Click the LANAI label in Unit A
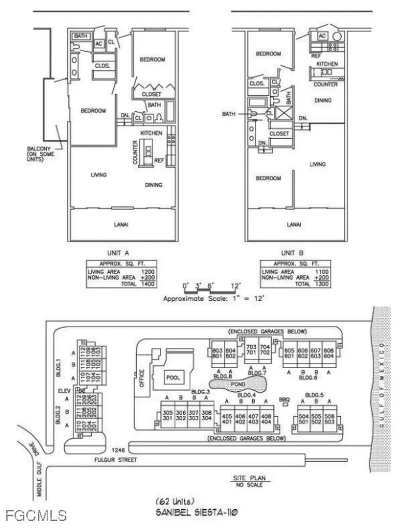click(121, 224)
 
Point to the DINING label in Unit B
click(323, 100)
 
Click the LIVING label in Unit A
click(99, 175)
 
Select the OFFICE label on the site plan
click(141, 379)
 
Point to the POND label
click(239, 385)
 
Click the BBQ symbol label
click(283, 399)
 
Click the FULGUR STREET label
click(116, 460)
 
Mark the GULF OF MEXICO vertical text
click(382, 382)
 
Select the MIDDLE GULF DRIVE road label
click(36, 468)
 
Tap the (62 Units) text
click(174, 501)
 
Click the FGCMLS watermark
click(37, 516)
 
